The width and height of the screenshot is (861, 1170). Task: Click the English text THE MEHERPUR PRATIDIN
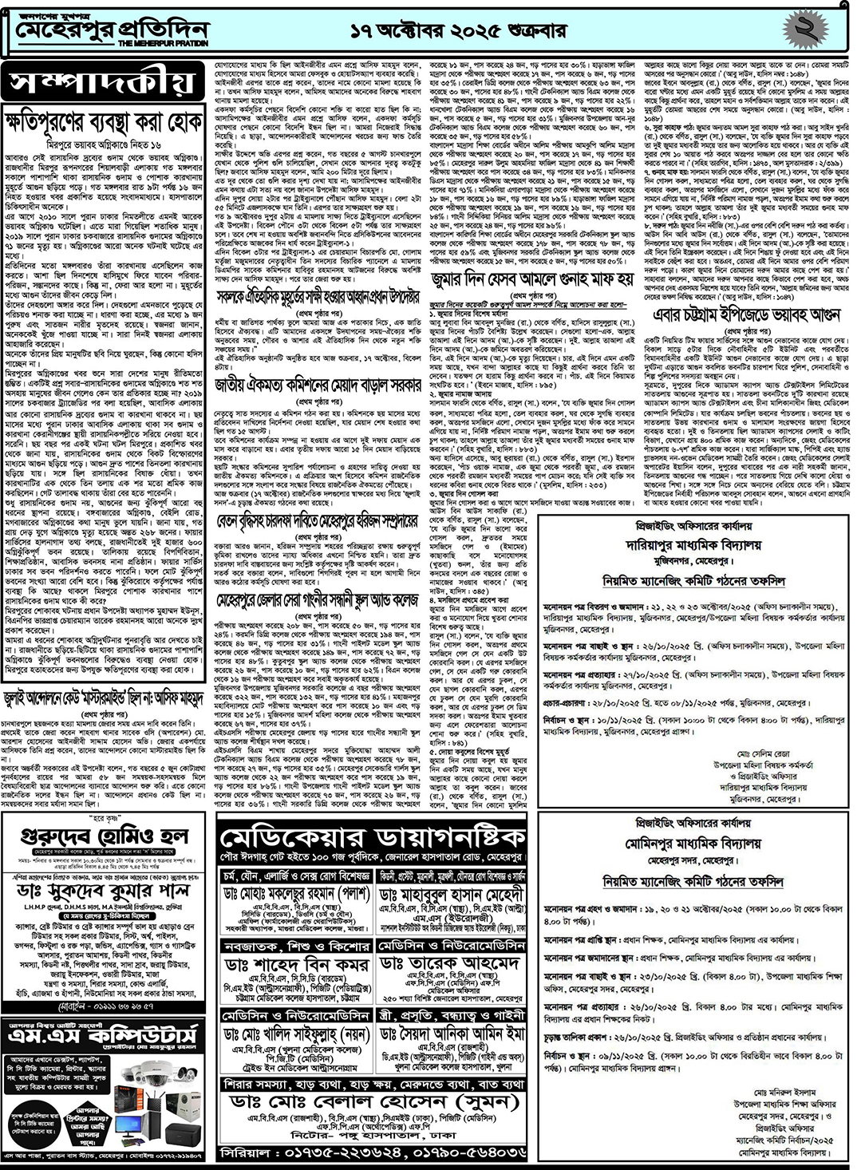(x=163, y=43)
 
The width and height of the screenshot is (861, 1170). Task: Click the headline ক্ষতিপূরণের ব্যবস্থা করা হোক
(x=105, y=122)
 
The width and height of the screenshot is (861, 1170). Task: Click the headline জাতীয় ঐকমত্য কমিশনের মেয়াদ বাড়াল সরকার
(x=318, y=385)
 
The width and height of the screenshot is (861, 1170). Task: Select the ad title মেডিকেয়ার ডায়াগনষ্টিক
(x=372, y=837)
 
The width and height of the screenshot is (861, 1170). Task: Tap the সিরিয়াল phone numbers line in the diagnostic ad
(x=372, y=1153)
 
